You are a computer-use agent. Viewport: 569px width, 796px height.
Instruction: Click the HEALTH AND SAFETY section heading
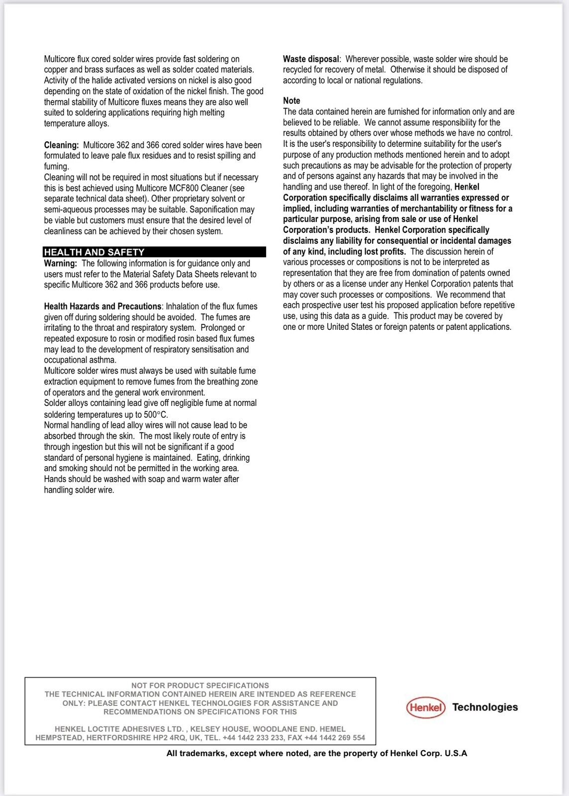point(94,252)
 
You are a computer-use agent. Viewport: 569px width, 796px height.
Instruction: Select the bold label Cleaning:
point(61,145)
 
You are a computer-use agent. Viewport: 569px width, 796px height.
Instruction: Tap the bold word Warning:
point(60,264)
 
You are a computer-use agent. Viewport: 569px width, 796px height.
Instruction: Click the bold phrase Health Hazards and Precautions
point(102,306)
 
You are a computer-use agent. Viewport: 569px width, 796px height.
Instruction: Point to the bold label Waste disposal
point(311,59)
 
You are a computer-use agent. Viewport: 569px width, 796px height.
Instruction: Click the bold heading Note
point(291,100)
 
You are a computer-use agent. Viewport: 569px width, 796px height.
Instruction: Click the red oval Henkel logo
point(426,707)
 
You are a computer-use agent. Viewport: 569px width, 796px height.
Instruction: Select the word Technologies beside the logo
point(485,707)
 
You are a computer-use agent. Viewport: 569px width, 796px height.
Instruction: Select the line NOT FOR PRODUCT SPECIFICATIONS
point(200,686)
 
